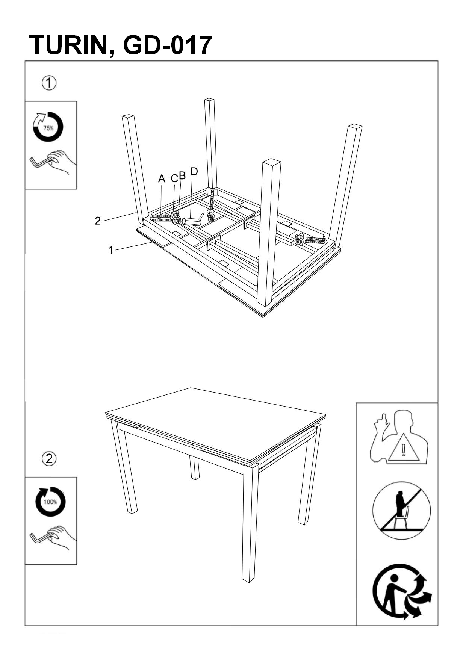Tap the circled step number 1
[x=49, y=83]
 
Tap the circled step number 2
[x=49, y=458]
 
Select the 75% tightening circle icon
[x=48, y=127]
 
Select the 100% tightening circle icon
[x=50, y=502]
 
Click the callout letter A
[x=162, y=179]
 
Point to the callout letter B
[x=182, y=176]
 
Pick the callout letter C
[x=174, y=179]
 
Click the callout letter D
[x=194, y=172]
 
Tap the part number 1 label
[x=111, y=250]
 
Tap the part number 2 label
[x=98, y=221]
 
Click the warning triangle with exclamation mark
[x=404, y=449]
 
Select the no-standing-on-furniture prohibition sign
[x=401, y=511]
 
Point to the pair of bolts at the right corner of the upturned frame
[x=310, y=239]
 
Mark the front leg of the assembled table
[x=250, y=522]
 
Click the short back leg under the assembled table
[x=194, y=468]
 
